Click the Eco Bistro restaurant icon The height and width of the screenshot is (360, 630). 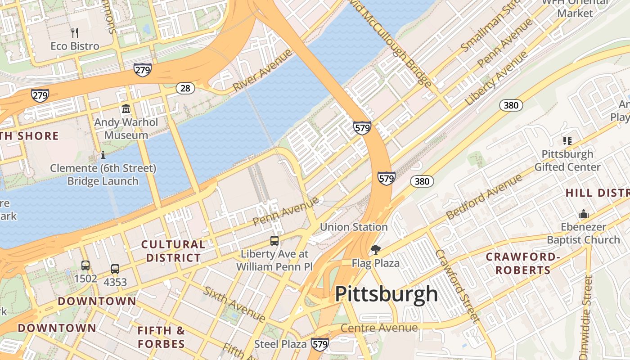click(x=75, y=32)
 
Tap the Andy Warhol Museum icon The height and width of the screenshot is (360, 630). click(x=126, y=109)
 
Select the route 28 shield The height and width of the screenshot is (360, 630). click(x=185, y=88)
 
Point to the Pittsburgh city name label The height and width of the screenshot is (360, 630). click(x=386, y=294)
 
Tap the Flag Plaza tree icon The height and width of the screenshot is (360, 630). click(x=375, y=249)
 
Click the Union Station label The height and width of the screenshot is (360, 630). click(x=354, y=227)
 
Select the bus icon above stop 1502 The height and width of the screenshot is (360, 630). click(x=85, y=265)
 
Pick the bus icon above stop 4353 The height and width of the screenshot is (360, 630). click(x=115, y=269)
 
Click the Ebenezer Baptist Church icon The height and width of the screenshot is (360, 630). click(x=584, y=214)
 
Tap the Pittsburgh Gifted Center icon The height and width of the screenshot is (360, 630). click(x=567, y=141)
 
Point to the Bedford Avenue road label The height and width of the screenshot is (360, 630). click(x=485, y=197)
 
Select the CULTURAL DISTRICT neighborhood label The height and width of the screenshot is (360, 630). click(x=173, y=251)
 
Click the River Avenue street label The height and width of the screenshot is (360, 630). click(x=262, y=71)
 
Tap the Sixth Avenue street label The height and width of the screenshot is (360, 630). click(x=234, y=304)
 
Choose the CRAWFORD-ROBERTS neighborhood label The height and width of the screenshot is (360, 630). click(x=523, y=264)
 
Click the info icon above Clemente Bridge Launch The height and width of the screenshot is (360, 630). click(x=103, y=155)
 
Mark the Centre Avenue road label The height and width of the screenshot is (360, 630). click(x=379, y=328)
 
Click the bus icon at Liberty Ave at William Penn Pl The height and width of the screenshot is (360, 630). click(x=274, y=240)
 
